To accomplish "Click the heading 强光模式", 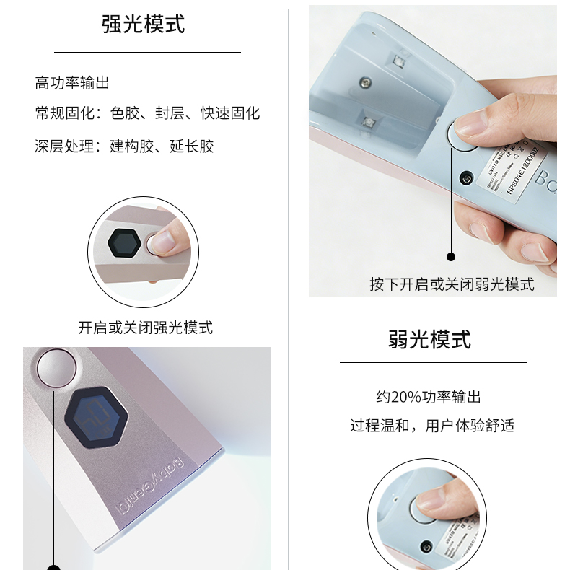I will click(144, 23).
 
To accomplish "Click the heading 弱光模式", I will click(429, 338).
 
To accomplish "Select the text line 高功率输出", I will click(72, 83).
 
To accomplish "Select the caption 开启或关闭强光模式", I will click(145, 327).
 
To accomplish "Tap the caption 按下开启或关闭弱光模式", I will click(452, 284).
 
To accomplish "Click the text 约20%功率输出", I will click(428, 396).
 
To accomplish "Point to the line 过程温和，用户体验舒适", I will click(432, 425).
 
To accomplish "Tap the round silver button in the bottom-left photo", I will click(56, 367).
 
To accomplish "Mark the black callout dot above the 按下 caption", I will click(452, 256).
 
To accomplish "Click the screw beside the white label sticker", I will click(466, 177).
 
